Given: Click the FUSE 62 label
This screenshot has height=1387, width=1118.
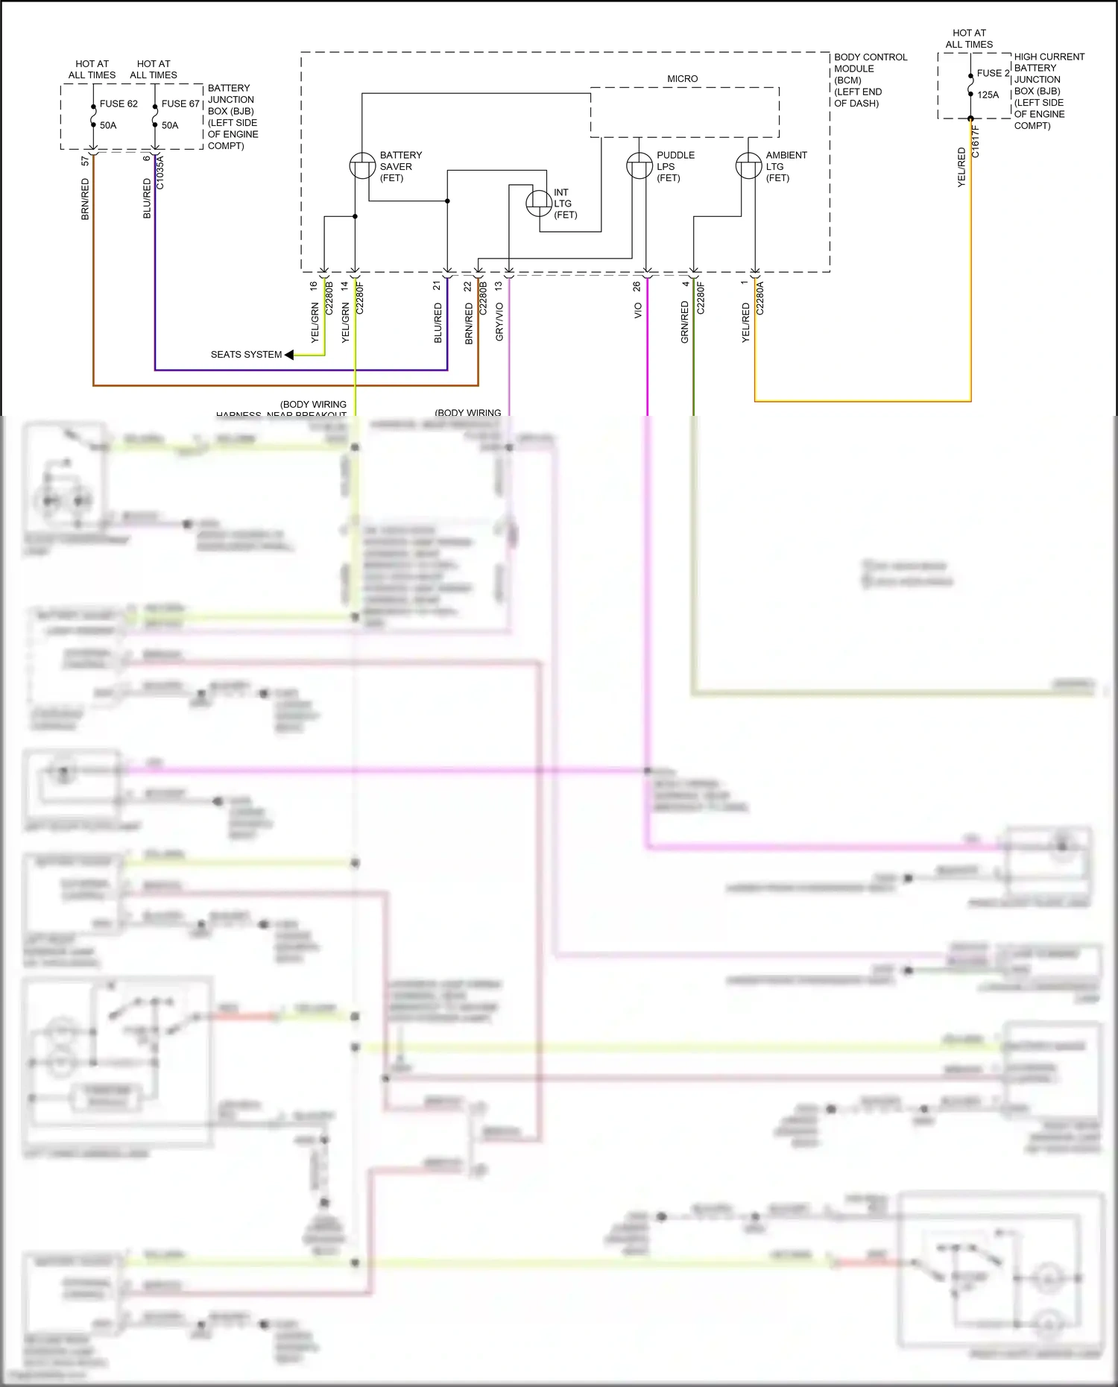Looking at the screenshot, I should point(119,104).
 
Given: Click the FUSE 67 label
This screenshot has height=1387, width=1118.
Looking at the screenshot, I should point(180,104).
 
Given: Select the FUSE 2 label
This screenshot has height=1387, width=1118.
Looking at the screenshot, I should point(993,73).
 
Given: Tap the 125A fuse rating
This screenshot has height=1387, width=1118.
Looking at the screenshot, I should point(988,95).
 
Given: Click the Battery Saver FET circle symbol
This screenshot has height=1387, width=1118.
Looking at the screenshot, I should point(362,165).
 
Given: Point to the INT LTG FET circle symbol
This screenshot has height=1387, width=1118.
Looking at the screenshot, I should point(539,203).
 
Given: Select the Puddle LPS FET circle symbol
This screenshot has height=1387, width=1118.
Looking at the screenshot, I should point(639,165).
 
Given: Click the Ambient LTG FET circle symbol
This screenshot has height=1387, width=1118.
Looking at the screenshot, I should point(748,165).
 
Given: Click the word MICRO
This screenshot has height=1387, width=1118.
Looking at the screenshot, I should point(682,78).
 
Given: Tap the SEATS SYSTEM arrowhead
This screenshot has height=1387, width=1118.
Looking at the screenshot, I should point(289,355).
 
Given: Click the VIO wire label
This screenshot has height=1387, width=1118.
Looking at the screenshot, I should point(638,311).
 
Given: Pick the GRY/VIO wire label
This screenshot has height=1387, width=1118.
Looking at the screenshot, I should point(499,322).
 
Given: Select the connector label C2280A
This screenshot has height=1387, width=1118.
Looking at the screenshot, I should point(760,298).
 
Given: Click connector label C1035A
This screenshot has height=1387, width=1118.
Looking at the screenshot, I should point(160,172).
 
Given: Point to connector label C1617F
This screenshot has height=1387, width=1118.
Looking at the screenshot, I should point(976,142).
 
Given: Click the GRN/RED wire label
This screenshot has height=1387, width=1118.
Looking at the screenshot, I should point(684,322).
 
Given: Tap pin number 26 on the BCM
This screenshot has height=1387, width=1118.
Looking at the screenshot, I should point(637,286).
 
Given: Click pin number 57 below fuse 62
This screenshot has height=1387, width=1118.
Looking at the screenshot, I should point(85,160).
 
